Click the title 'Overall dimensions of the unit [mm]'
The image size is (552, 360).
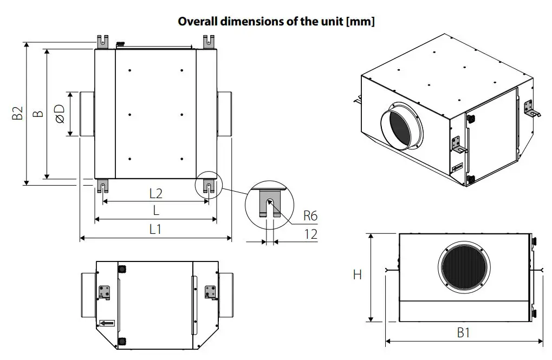[276, 22]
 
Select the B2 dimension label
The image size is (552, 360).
[17, 114]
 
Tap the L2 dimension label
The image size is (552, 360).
[156, 193]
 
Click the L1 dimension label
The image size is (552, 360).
[156, 229]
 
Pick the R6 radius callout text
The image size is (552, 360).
[310, 215]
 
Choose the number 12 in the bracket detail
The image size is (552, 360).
[310, 234]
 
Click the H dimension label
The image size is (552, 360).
[357, 275]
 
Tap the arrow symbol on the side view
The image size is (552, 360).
[107, 323]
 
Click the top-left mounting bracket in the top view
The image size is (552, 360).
[102, 41]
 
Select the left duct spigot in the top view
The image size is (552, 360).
[87, 114]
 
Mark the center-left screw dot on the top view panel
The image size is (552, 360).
[131, 114]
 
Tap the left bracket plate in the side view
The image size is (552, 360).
[104, 292]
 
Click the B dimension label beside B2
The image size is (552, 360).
[37, 114]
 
